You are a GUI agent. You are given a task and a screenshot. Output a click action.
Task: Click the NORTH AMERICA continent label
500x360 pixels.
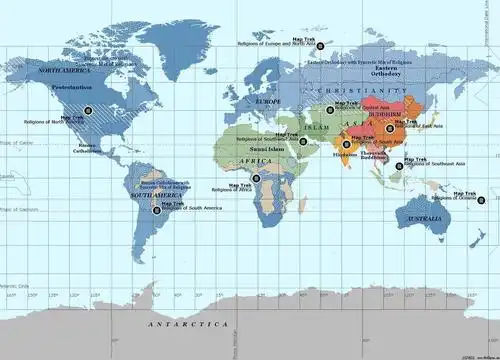(x=65, y=71)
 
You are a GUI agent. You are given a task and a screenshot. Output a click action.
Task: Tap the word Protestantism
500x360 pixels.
(x=73, y=87)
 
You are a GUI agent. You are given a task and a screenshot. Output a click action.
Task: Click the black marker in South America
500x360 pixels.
(x=156, y=210)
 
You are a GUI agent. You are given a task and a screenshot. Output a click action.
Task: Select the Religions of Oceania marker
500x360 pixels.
(x=481, y=199)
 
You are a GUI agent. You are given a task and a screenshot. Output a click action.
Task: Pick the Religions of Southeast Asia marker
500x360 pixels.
(x=399, y=166)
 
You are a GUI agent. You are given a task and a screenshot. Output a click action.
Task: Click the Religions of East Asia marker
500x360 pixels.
(x=390, y=129)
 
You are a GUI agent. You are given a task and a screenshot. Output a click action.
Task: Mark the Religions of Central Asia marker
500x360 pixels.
(x=329, y=110)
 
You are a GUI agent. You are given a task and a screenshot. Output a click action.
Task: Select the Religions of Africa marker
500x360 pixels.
(x=256, y=178)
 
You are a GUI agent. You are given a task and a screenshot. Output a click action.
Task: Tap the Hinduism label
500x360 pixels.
(x=344, y=154)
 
